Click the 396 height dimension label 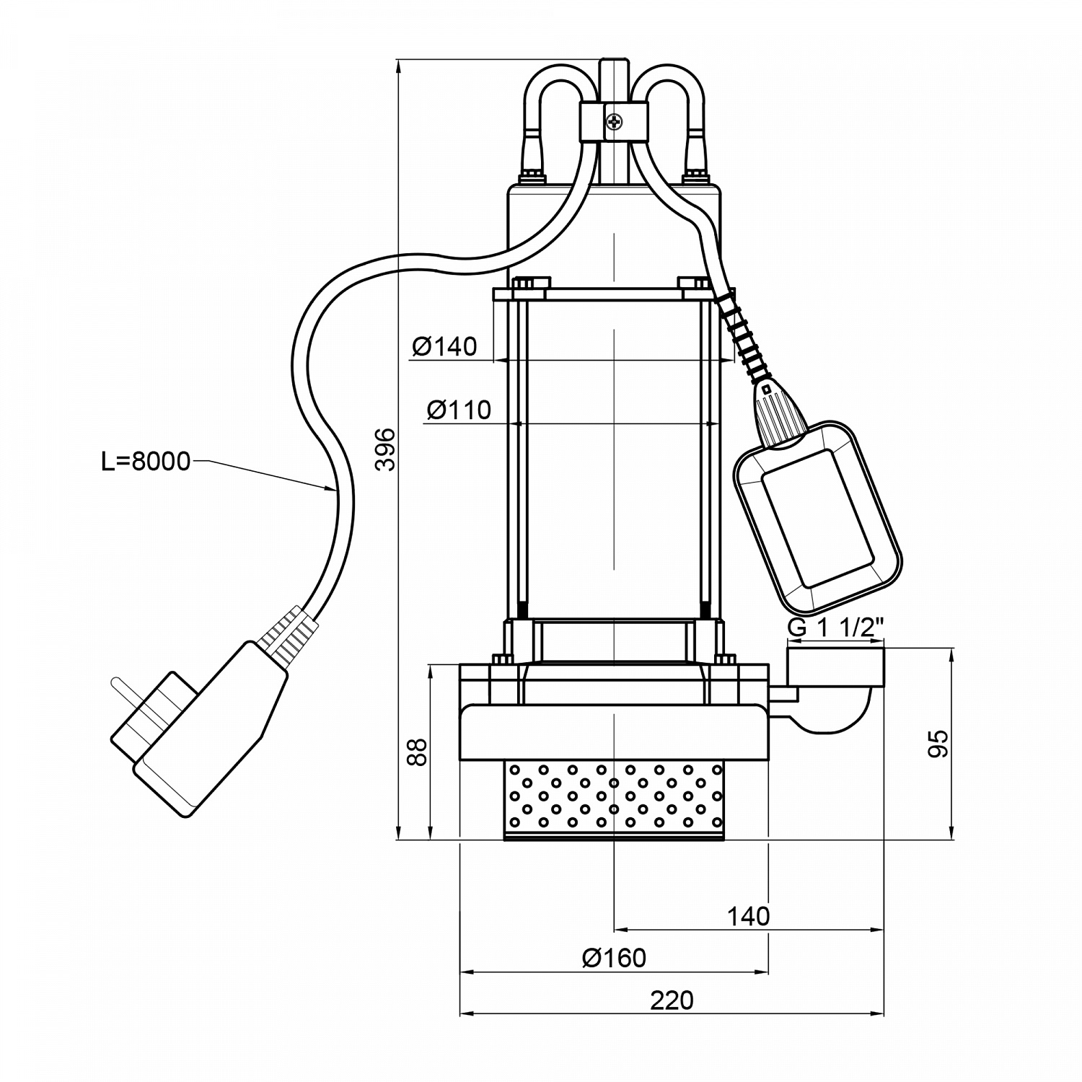click(x=387, y=449)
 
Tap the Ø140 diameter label click(x=444, y=347)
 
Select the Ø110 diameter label click(x=459, y=410)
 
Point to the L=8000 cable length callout click(x=145, y=461)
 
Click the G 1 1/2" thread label click(x=835, y=628)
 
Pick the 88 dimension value click(x=418, y=752)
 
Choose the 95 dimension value click(x=937, y=744)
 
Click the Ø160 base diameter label click(x=614, y=958)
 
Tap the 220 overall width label click(x=672, y=1000)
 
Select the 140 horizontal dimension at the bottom click(x=748, y=916)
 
